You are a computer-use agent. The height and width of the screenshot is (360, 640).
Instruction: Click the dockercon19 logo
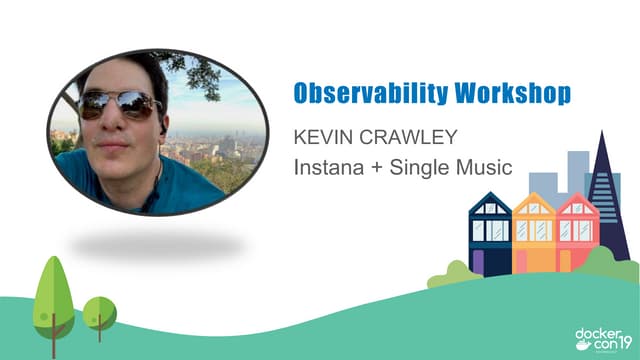click(601, 336)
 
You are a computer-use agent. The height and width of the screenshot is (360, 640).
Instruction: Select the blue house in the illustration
click(490, 235)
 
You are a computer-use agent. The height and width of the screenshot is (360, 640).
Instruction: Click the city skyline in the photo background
click(205, 140)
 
